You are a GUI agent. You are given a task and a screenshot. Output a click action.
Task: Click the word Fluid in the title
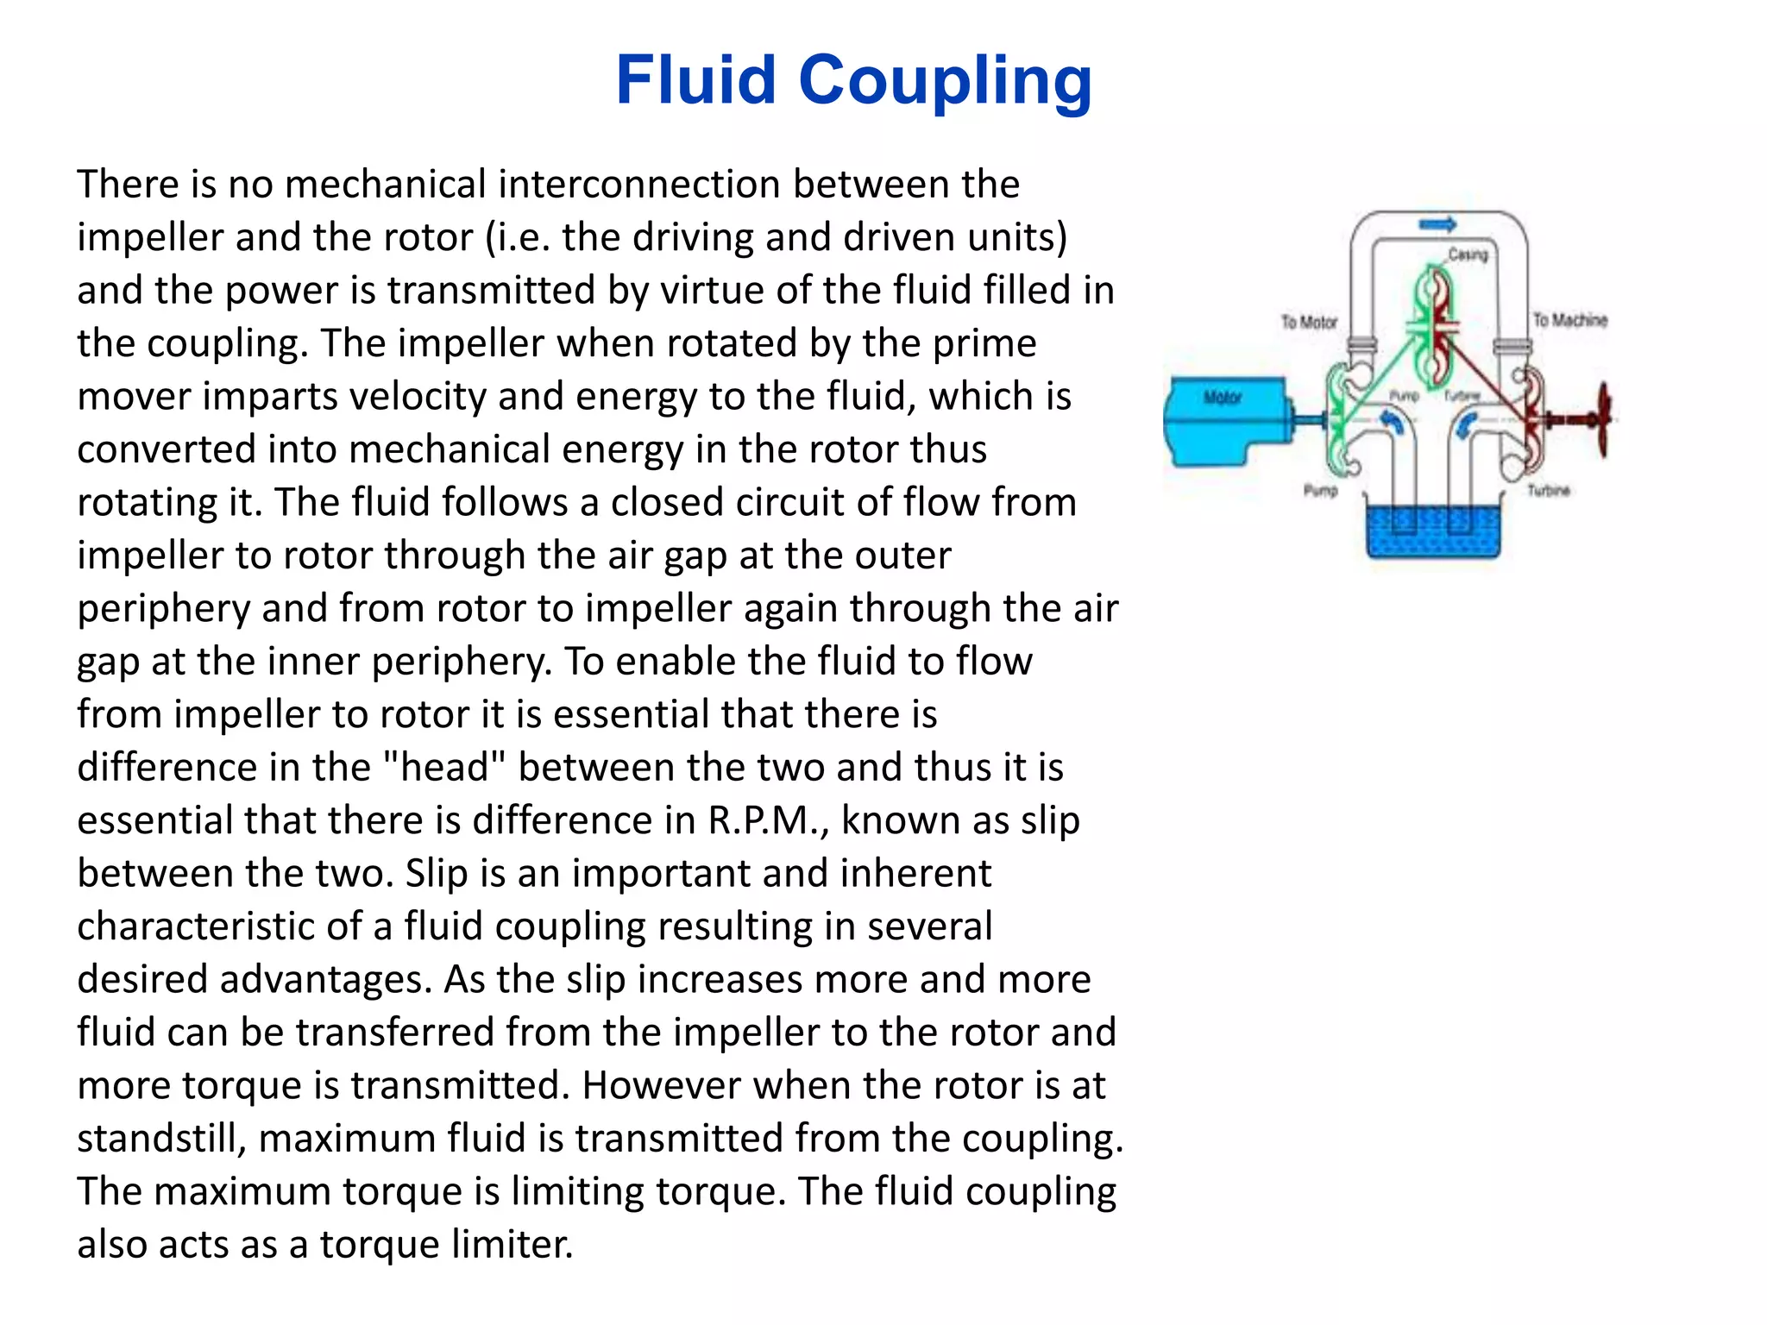[x=695, y=80]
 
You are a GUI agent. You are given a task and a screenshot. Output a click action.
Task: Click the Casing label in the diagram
[x=1468, y=254]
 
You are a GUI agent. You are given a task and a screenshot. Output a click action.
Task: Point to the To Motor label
[x=1308, y=322]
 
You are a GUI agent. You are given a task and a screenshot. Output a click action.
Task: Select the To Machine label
[x=1569, y=320]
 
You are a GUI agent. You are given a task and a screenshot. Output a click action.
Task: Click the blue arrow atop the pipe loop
[x=1437, y=224]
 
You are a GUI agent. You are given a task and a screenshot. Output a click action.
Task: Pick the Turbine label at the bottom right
[x=1548, y=491]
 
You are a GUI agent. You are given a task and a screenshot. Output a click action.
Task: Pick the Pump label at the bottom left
[x=1320, y=491]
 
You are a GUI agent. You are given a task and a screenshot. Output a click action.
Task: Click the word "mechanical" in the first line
[x=385, y=185]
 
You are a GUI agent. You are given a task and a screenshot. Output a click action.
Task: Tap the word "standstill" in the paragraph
[x=161, y=1139]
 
